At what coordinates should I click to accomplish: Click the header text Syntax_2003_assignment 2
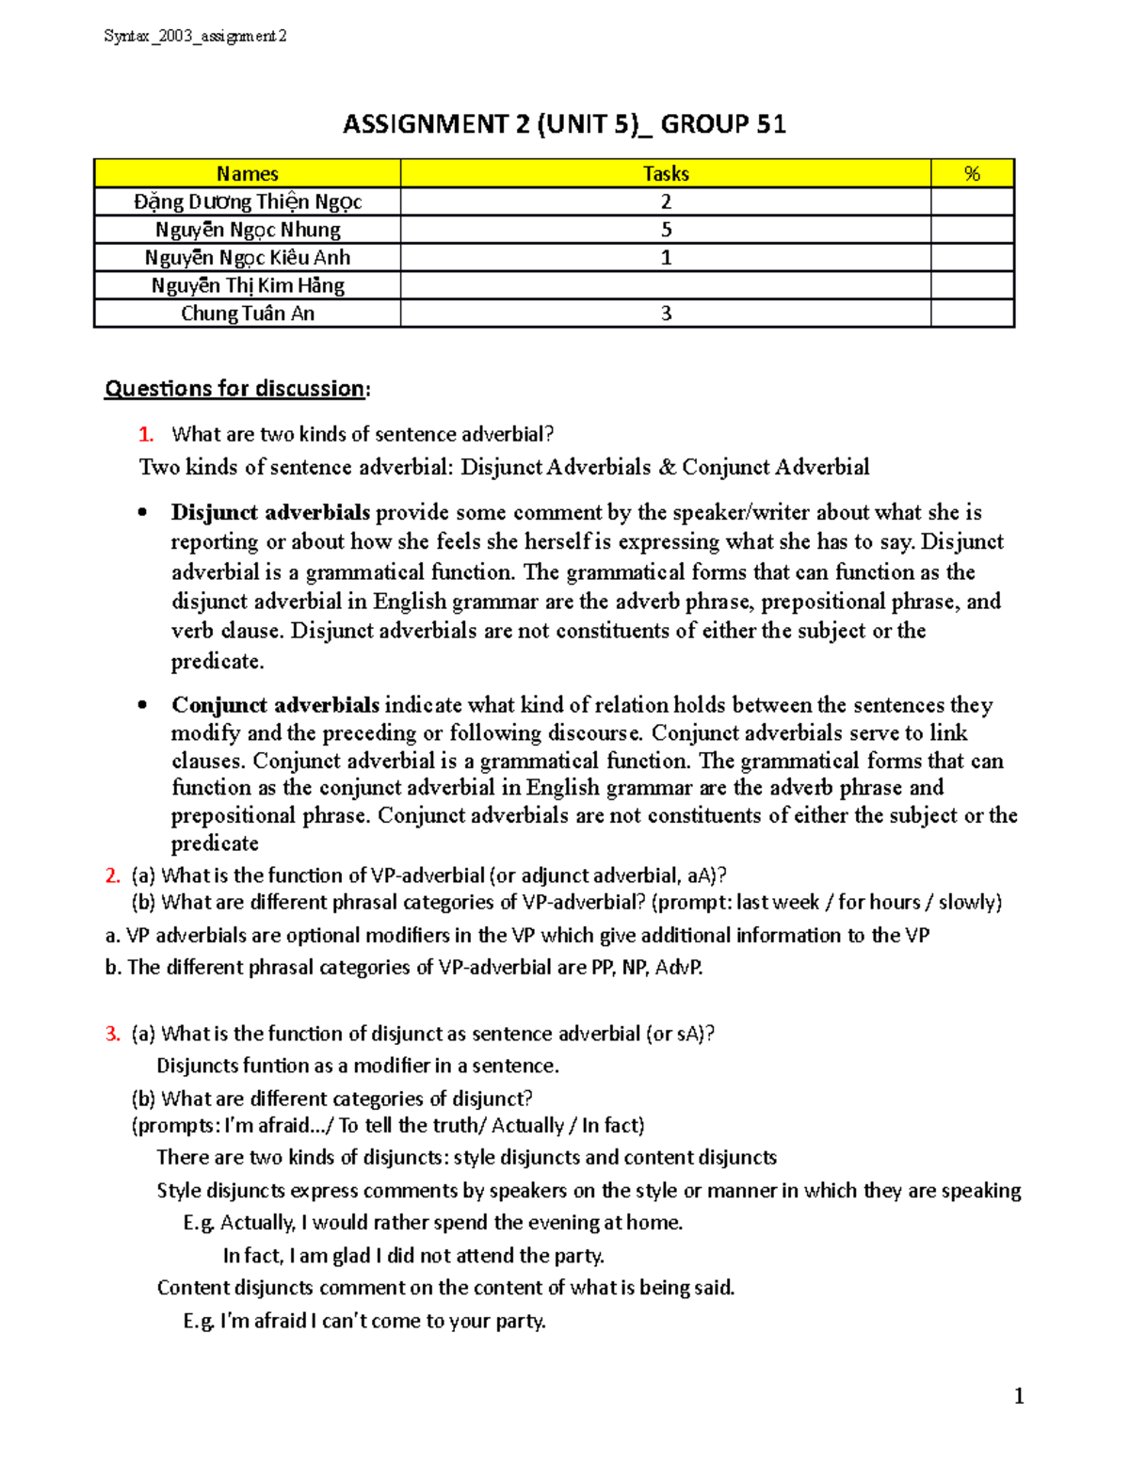pyautogui.click(x=195, y=37)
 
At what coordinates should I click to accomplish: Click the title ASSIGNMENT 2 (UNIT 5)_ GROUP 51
pyautogui.click(x=564, y=124)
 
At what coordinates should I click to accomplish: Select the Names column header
pyautogui.click(x=247, y=174)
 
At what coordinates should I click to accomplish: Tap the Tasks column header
pyautogui.click(x=666, y=174)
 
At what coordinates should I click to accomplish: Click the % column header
pyautogui.click(x=972, y=174)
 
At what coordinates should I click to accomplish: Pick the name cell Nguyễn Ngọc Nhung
pyautogui.click(x=248, y=230)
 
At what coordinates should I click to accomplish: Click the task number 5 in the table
pyautogui.click(x=666, y=230)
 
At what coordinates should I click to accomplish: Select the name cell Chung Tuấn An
pyautogui.click(x=248, y=313)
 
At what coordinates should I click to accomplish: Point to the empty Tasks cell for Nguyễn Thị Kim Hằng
pyautogui.click(x=666, y=285)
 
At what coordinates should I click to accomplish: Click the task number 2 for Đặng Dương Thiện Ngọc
pyautogui.click(x=666, y=201)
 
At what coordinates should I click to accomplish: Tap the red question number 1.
pyautogui.click(x=145, y=435)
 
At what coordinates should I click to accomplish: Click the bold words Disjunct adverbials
pyautogui.click(x=270, y=513)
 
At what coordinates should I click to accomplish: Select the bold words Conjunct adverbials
pyautogui.click(x=275, y=705)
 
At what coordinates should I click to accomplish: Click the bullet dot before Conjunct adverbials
pyautogui.click(x=143, y=705)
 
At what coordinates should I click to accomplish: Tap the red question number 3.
pyautogui.click(x=112, y=1034)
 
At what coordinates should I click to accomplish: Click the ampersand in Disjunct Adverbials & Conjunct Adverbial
pyautogui.click(x=667, y=468)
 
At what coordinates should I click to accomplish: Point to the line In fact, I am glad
pyautogui.click(x=413, y=1256)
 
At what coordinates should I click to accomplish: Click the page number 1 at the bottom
pyautogui.click(x=1019, y=1396)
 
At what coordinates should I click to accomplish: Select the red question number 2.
pyautogui.click(x=112, y=876)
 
